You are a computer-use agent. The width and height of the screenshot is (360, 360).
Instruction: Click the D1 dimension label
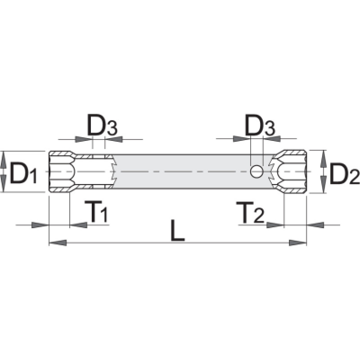click(23, 172)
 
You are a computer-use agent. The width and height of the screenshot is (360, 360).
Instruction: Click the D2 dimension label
click(344, 173)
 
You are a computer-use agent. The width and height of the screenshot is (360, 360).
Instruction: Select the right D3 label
click(260, 127)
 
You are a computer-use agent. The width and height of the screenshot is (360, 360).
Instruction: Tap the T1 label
click(96, 211)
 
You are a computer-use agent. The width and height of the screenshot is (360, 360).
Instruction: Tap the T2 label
click(250, 212)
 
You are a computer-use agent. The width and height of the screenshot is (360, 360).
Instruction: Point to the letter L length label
click(177, 230)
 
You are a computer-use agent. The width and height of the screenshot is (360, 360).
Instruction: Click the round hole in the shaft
click(256, 171)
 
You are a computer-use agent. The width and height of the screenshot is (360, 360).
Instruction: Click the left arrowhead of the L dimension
click(58, 243)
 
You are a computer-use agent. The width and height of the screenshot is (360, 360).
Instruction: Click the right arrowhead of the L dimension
click(297, 243)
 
